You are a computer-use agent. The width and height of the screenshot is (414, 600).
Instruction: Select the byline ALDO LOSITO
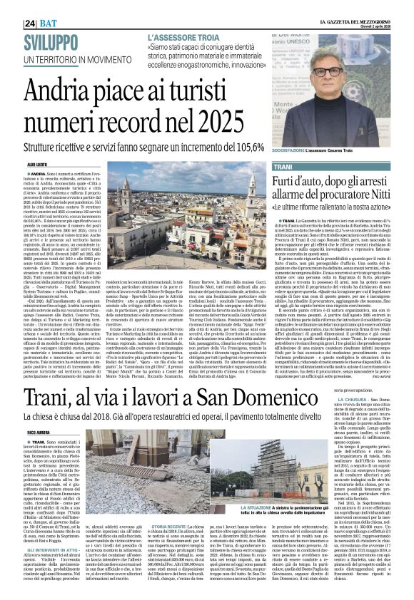pyautogui.click(x=37, y=165)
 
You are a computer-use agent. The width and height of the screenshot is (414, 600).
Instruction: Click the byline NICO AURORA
pyautogui.click(x=38, y=432)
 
